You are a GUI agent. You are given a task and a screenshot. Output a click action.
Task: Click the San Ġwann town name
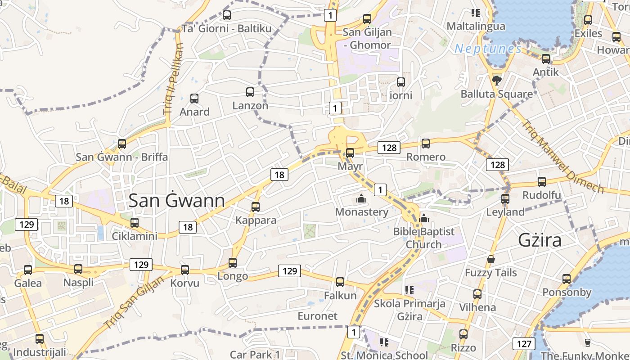tap(177, 201)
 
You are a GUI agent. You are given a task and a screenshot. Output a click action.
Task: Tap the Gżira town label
tap(540, 240)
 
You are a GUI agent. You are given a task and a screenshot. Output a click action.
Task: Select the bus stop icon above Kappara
tap(256, 207)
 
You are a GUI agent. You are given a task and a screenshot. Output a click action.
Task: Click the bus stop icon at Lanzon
tap(250, 92)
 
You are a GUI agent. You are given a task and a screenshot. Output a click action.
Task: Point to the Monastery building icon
tap(361, 198)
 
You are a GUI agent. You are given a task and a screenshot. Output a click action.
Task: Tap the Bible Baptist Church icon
tap(423, 219)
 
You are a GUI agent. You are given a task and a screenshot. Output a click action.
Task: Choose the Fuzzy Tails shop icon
tap(491, 260)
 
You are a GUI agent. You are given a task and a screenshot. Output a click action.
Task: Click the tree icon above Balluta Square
tap(497, 81)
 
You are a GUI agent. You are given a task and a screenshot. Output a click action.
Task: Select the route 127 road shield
tap(524, 344)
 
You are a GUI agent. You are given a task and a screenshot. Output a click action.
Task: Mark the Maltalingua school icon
tap(476, 13)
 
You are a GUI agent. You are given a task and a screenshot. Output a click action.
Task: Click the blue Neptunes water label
tap(488, 49)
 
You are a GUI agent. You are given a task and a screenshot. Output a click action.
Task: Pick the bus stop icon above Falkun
tap(340, 282)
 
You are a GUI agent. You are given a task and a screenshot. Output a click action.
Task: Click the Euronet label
tap(317, 316)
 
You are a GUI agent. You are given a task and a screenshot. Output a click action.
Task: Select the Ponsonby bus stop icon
tap(567, 279)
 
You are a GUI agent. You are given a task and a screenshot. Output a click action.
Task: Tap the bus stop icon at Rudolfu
tap(542, 182)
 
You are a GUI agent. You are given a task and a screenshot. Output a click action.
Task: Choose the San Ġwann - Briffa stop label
tap(121, 157)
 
